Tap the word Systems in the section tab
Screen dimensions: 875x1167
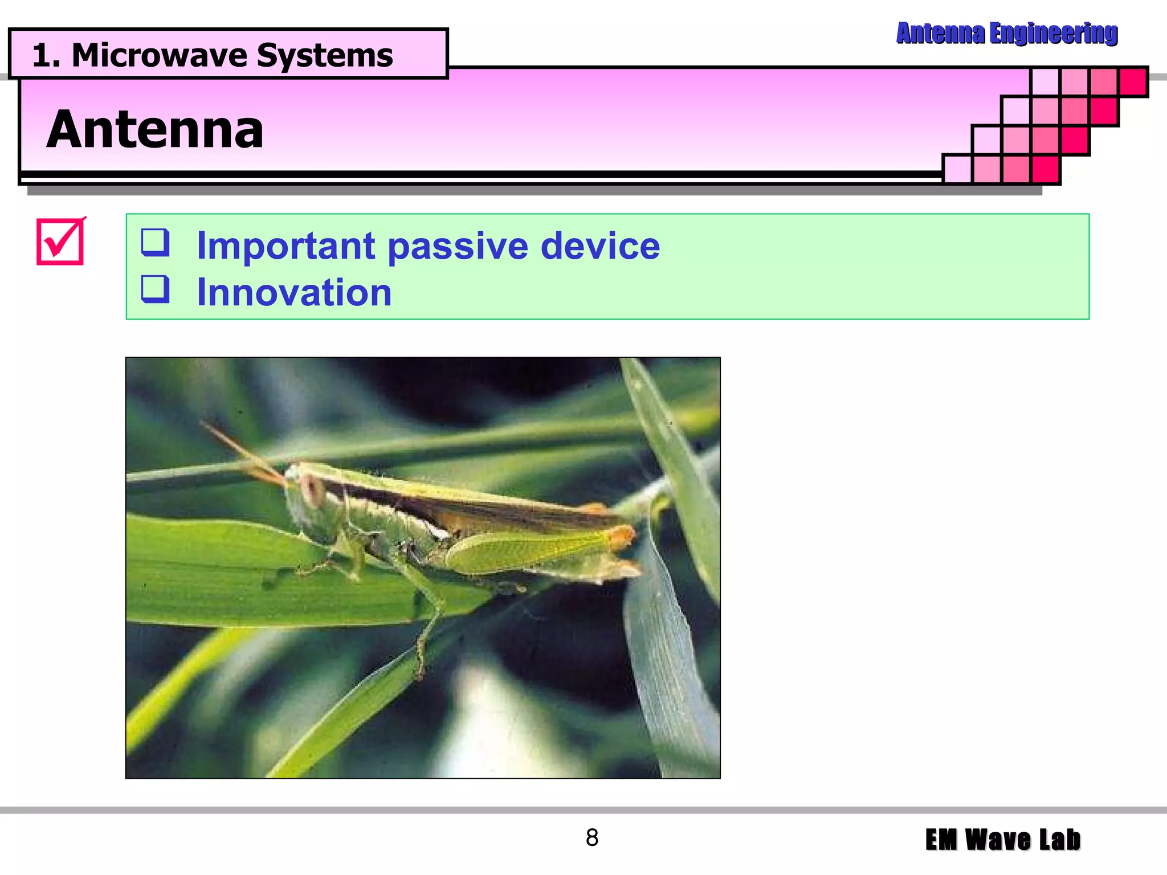(x=325, y=56)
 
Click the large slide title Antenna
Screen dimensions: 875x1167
(x=155, y=130)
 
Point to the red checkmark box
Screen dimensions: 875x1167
(x=60, y=242)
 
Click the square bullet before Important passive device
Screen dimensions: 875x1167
(x=156, y=242)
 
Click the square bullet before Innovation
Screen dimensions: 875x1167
(x=156, y=289)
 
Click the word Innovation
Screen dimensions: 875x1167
(x=294, y=293)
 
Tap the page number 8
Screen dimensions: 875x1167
(x=592, y=838)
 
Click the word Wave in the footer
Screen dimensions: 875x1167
(x=998, y=840)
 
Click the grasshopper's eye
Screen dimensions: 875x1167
(x=312, y=488)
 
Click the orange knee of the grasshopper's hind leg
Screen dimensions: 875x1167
(x=621, y=536)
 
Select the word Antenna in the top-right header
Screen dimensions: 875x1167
(x=940, y=33)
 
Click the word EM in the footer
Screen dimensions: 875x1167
(x=941, y=840)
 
